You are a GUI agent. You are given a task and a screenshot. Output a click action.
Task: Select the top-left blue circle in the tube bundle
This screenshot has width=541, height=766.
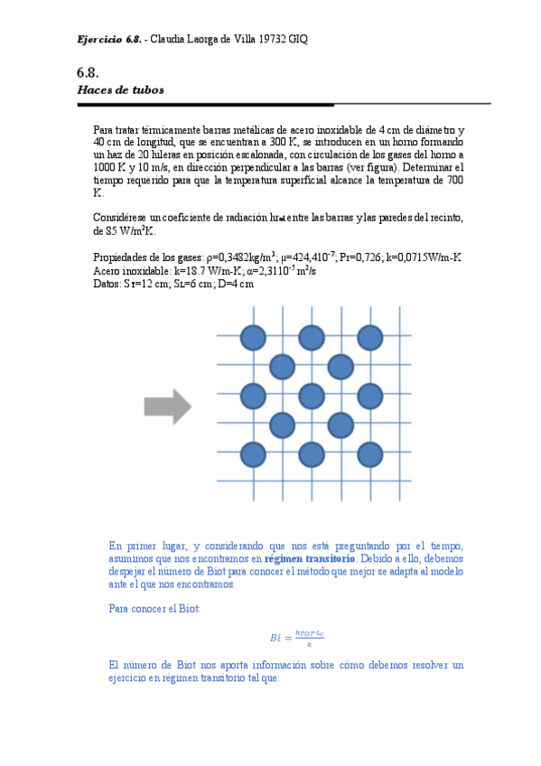pos(254,338)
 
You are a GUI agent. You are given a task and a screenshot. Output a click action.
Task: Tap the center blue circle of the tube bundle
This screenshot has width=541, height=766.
pos(312,396)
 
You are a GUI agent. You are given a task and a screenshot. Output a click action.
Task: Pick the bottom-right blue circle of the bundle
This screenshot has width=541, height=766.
pos(369,453)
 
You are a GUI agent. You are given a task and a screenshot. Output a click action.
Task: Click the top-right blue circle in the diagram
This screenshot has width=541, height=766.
pos(369,338)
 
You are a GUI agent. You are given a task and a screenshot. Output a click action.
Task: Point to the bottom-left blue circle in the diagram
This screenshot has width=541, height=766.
pos(254,453)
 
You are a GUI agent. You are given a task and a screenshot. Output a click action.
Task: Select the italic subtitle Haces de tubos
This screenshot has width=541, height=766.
pos(120,91)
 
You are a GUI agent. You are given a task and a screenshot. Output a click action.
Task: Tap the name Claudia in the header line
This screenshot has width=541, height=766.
pos(169,41)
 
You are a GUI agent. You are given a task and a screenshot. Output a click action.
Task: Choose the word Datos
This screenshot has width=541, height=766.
pos(107,283)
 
